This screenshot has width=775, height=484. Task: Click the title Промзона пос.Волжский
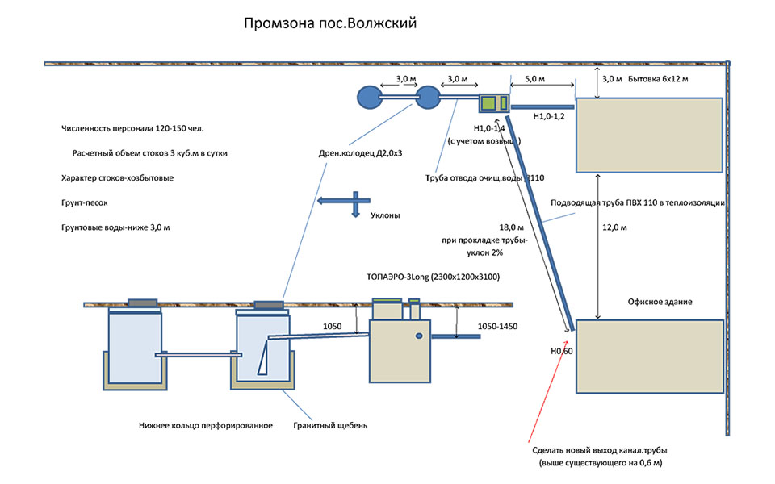pos(329,24)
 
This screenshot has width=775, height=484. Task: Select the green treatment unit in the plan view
pos(492,103)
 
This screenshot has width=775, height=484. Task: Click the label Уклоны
pos(385,215)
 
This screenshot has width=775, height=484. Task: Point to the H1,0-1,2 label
pos(551,117)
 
